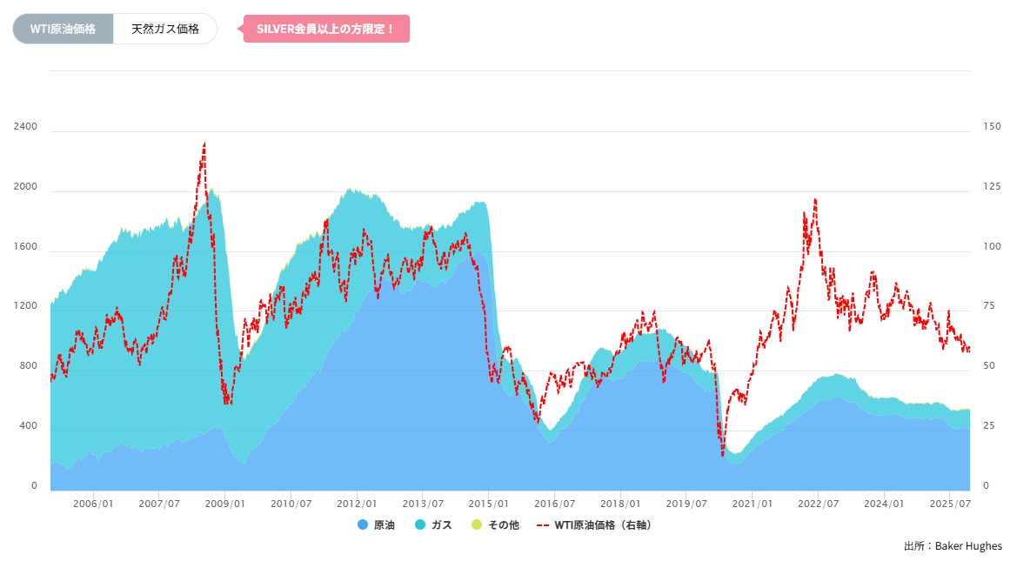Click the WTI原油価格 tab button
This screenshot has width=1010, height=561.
pos(63,29)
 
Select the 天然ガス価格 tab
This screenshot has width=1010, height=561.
pos(164,29)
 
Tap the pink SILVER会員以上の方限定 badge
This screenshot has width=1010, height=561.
pos(325,29)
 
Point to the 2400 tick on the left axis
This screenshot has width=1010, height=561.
pos(25,127)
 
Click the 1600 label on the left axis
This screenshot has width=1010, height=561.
pos(25,247)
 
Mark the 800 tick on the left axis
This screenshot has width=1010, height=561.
pos(29,366)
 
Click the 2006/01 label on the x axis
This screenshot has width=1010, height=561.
pos(93,504)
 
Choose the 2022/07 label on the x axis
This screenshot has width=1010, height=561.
pos(819,504)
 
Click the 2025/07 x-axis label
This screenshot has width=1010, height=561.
pos(951,504)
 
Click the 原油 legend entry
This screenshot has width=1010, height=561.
pos(377,525)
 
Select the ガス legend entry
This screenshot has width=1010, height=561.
pos(434,525)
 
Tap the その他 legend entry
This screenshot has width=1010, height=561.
pos(496,525)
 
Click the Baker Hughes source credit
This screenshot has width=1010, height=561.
pos(953,546)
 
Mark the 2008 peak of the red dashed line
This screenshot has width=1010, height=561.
pos(204,143)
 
